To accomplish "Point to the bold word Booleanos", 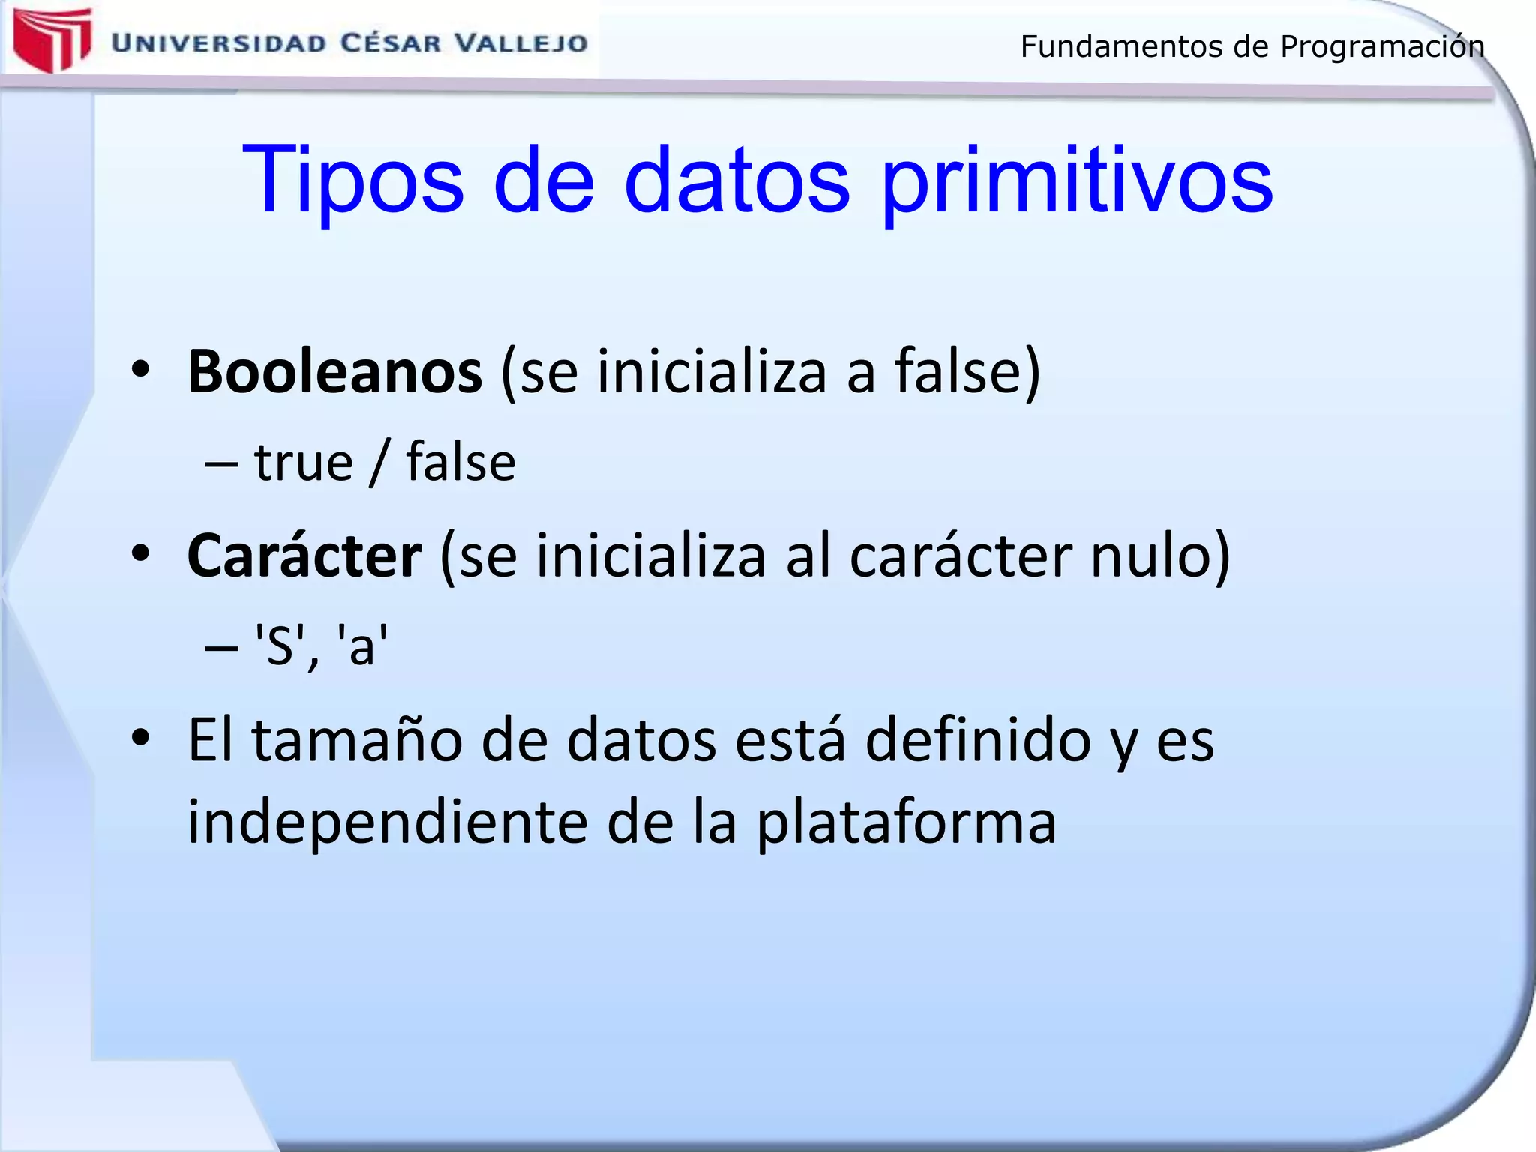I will pos(334,371).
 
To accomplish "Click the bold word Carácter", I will pos(304,556).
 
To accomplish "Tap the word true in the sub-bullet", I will pos(303,462).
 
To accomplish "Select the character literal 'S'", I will pos(280,645).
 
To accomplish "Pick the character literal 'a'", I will pos(362,645).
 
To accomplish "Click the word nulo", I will pos(1159,556).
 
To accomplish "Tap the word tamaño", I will pos(356,740).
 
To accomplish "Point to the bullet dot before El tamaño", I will pos(140,738).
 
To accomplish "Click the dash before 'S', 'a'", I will pos(221,646).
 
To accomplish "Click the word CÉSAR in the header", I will pos(391,43).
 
